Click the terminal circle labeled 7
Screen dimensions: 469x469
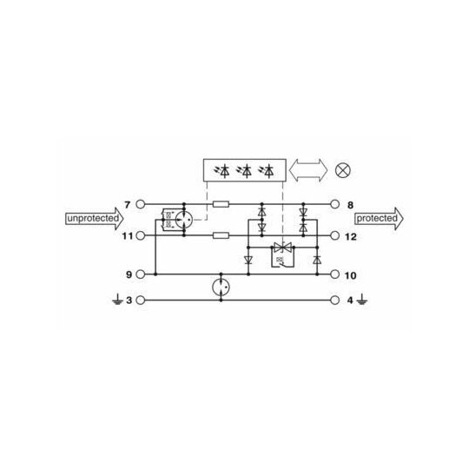141,204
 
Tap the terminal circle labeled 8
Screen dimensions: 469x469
334,204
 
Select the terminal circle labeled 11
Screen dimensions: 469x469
141,235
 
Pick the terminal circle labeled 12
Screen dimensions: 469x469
334,235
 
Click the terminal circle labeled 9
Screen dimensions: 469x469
141,274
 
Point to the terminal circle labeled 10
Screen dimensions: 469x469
334,274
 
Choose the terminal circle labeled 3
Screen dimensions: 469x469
141,300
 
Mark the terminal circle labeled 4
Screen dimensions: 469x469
334,300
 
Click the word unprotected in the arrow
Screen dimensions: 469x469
93,218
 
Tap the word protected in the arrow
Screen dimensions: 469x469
377,218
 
